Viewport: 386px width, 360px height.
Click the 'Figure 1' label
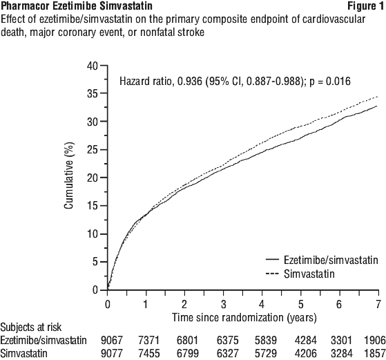click(365, 6)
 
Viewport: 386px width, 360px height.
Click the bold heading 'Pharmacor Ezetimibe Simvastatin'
click(77, 6)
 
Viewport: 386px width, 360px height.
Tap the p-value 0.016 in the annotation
click(338, 81)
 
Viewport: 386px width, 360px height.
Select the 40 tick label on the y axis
click(93, 66)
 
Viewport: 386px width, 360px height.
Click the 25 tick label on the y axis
click(93, 149)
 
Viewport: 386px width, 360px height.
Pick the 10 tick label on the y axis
click(93, 234)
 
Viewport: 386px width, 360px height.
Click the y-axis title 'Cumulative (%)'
click(69, 176)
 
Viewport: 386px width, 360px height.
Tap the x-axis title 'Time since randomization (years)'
click(244, 317)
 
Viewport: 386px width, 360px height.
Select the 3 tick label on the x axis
click(223, 305)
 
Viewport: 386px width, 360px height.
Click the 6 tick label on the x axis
click(339, 305)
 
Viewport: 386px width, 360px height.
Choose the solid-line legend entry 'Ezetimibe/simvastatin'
click(331, 260)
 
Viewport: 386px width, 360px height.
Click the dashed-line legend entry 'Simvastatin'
click(309, 274)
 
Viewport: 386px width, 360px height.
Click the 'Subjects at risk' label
click(31, 328)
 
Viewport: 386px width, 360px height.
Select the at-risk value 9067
click(111, 340)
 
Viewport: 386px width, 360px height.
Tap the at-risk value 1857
click(375, 353)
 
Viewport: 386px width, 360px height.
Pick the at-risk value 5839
click(266, 340)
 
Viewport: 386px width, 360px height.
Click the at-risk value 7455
click(149, 353)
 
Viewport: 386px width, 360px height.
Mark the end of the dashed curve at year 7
click(378, 97)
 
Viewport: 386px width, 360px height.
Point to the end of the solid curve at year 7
click(377, 106)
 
